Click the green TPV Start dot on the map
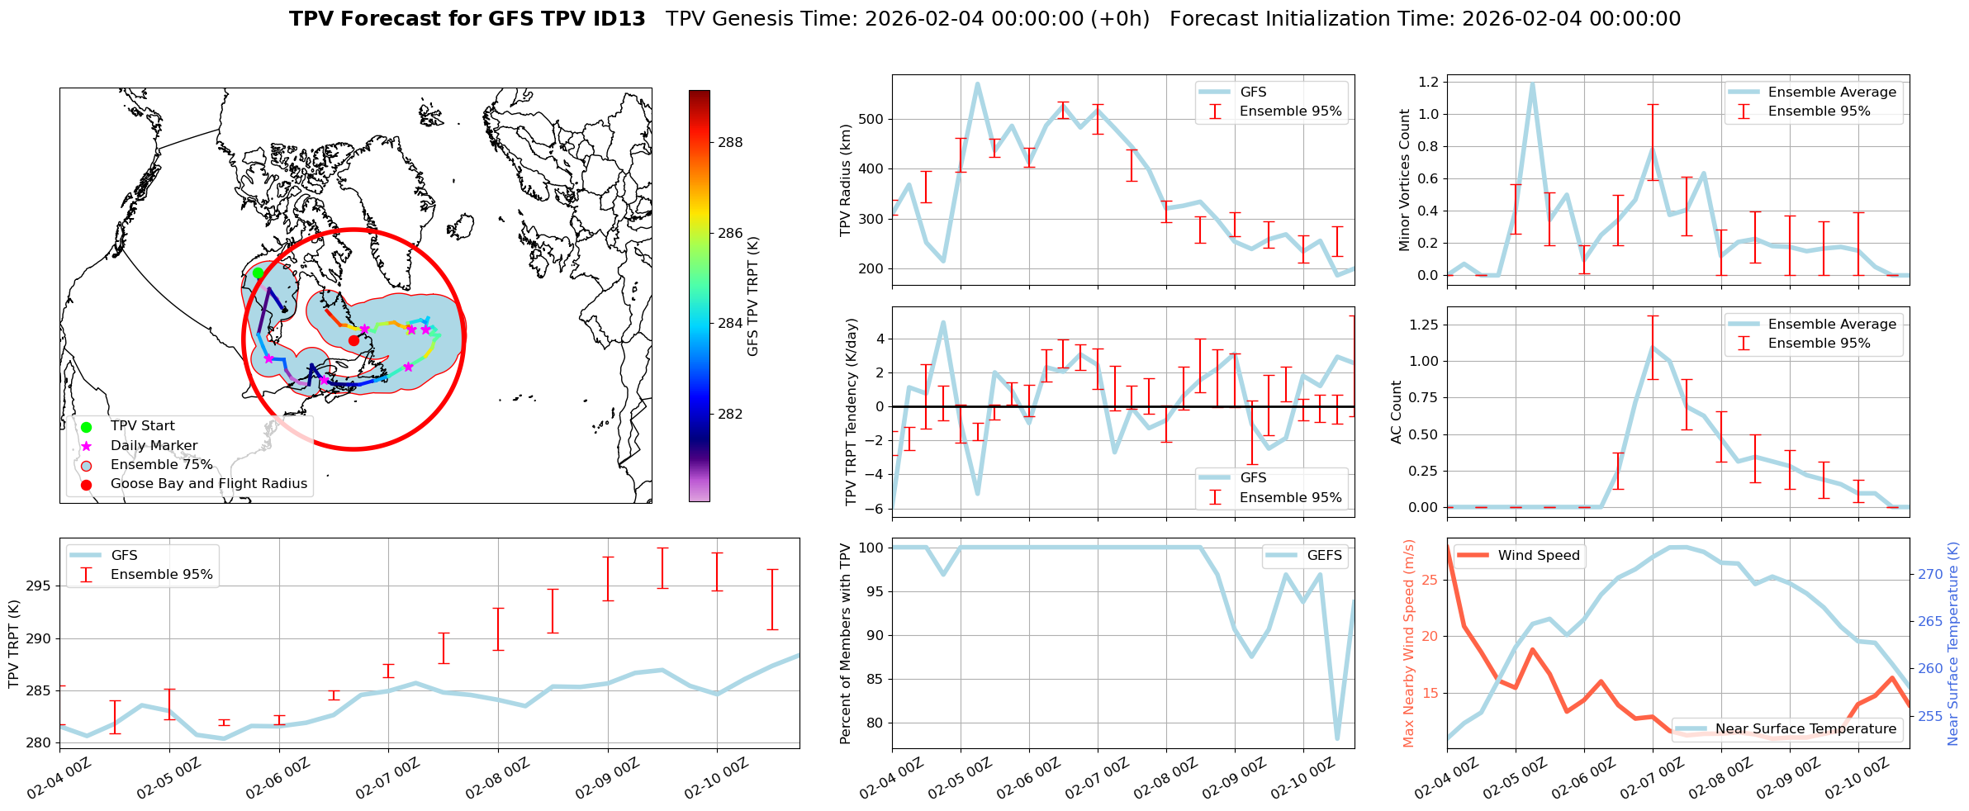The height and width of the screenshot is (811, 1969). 258,273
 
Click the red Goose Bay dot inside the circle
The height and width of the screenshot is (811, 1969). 353,340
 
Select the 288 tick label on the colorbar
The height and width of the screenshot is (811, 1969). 730,142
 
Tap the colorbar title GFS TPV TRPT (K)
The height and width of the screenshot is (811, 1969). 752,296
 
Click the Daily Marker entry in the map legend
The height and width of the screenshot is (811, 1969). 154,445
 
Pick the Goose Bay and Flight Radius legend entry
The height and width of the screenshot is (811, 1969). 208,483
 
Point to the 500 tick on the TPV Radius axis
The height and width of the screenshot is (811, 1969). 872,119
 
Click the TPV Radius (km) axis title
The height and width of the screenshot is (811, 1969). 845,180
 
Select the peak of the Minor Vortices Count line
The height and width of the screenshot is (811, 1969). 1532,83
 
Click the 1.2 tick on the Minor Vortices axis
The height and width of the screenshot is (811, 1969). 1427,82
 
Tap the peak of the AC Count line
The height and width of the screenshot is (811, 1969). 1653,347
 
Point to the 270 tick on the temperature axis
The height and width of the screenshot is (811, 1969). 1930,574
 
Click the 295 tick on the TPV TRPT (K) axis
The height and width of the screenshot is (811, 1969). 39,586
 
